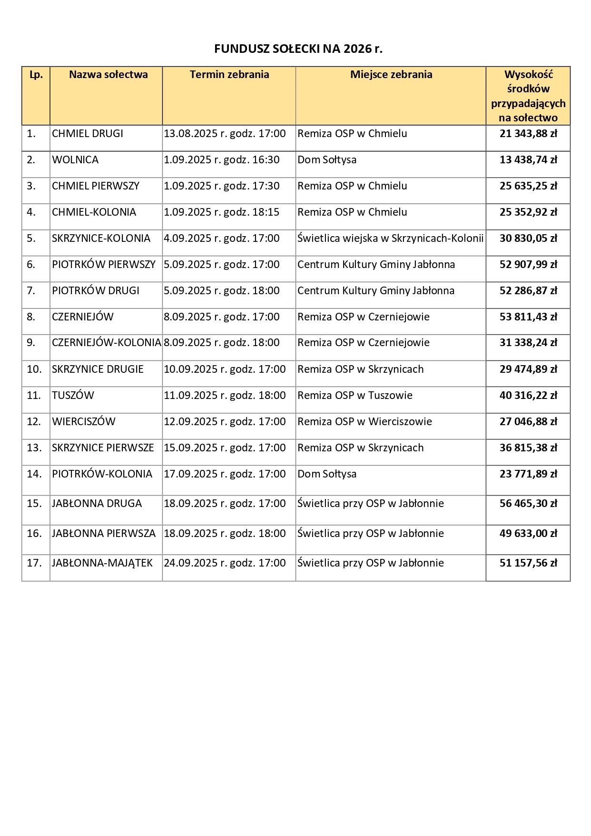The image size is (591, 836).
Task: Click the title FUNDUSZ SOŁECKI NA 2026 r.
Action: click(298, 49)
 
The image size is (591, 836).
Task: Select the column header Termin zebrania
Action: click(229, 75)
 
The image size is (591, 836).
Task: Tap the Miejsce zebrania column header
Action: click(391, 75)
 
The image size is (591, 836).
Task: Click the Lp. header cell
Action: click(36, 75)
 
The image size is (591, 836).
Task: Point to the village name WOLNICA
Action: click(75, 160)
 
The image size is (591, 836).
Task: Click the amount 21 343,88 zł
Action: click(528, 134)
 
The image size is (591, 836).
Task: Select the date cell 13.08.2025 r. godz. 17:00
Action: click(225, 134)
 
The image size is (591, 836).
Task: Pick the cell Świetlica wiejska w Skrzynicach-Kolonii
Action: click(390, 239)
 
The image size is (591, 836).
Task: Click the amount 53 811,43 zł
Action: click(528, 317)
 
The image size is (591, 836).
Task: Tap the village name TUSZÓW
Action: click(73, 396)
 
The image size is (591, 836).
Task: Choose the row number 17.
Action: click(34, 563)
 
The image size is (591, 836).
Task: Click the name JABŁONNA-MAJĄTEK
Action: click(102, 563)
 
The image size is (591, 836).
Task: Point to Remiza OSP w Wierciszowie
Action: click(364, 422)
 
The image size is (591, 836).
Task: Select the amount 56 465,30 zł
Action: click(528, 504)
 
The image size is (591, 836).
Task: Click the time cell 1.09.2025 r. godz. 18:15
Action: click(222, 212)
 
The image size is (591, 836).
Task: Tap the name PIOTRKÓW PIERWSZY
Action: click(104, 265)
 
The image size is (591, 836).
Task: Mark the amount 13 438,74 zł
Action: click(528, 160)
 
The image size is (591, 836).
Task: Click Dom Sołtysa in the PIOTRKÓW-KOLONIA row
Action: click(327, 474)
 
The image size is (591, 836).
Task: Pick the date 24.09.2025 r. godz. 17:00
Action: click(225, 563)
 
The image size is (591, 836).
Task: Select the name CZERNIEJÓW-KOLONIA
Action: click(106, 343)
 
